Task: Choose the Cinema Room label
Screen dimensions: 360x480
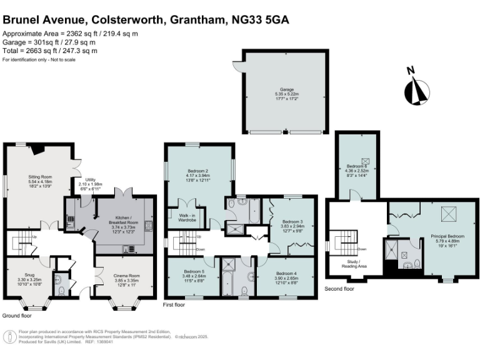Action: tap(123, 278)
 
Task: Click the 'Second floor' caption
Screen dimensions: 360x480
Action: tap(339, 289)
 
